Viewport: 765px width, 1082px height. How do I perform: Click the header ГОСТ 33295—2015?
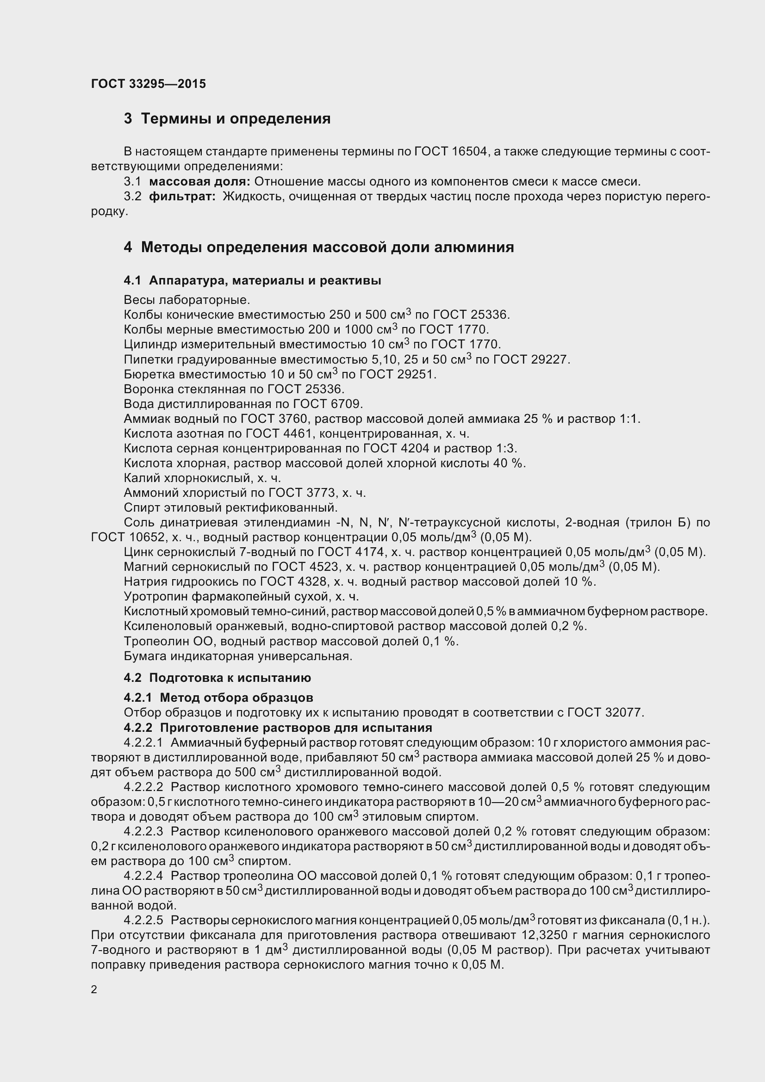click(149, 84)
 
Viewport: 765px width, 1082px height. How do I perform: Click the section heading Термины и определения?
click(236, 119)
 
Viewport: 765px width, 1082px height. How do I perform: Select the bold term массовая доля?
click(199, 181)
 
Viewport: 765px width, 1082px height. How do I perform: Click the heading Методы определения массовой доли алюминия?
click(327, 247)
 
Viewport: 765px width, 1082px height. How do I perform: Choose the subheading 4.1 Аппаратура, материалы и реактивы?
click(252, 280)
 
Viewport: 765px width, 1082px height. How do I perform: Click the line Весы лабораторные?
click(187, 300)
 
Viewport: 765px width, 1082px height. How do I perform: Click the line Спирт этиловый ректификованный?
click(230, 507)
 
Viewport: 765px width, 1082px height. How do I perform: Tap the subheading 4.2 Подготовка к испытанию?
click(218, 678)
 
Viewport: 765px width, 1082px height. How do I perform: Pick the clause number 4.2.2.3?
click(143, 831)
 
